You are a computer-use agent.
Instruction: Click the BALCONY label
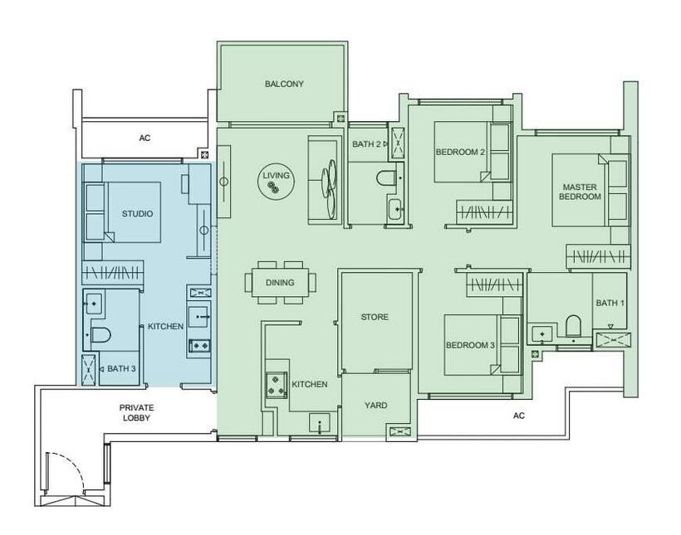pos(284,84)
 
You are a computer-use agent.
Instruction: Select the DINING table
pos(280,283)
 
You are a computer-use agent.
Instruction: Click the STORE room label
pos(375,317)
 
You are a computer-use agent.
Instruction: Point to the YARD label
pos(375,406)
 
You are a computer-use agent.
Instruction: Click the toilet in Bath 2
pos(385,178)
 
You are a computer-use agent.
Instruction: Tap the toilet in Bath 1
pos(573,325)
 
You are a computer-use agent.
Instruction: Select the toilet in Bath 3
pos(101,335)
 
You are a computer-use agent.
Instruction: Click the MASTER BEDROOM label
pos(580,192)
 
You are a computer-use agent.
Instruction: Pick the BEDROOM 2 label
pos(460,153)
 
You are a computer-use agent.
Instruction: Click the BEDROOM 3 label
pos(470,345)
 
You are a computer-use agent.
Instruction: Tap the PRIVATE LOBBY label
pos(136,412)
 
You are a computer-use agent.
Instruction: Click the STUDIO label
pos(137,214)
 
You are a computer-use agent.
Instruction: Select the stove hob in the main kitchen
pos(277,384)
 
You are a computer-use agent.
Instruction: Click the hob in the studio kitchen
pos(200,345)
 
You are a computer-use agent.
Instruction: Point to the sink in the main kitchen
pos(319,423)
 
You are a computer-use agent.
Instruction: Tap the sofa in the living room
pos(324,180)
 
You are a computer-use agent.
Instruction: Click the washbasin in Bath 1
pos(542,333)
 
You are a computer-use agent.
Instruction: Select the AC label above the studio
pos(145,138)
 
